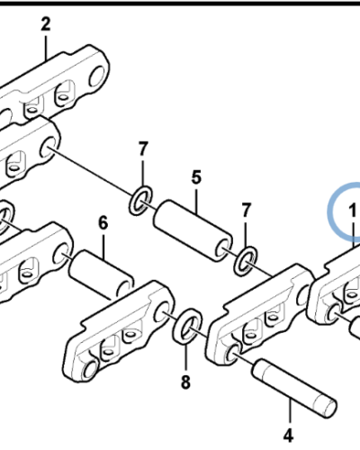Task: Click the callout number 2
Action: [46, 24]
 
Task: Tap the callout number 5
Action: [196, 177]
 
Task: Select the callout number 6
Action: [103, 223]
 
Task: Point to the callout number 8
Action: [185, 382]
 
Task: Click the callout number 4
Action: [288, 436]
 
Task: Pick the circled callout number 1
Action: [352, 210]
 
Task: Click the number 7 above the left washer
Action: [143, 148]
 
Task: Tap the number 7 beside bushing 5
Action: [246, 210]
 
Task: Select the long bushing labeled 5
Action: [193, 231]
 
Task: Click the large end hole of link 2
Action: [97, 76]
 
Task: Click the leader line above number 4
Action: [290, 411]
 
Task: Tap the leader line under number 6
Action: [103, 247]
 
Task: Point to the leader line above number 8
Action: [185, 358]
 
